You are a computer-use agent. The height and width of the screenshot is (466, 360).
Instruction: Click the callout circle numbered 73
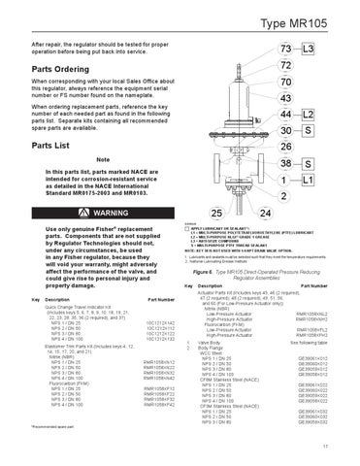point(284,48)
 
